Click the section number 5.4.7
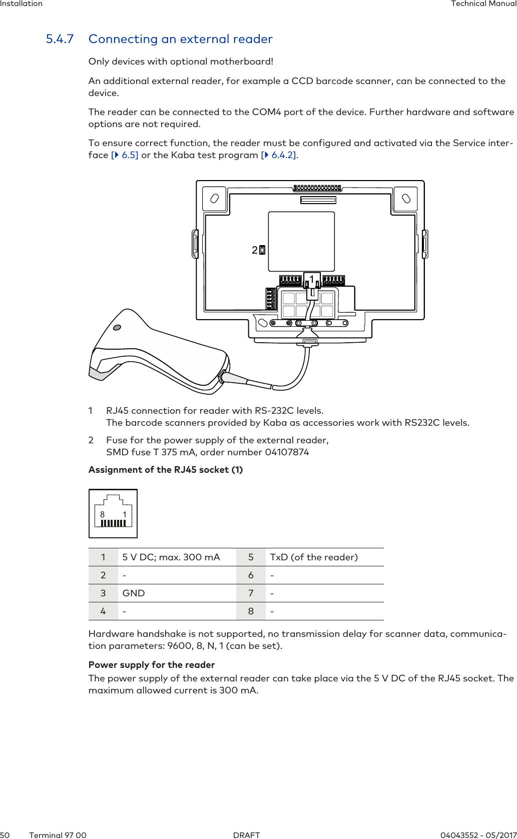pos(60,39)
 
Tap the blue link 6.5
pos(129,155)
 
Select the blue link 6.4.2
pos(283,155)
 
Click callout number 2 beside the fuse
pos(255,250)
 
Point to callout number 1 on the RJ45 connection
pos(312,279)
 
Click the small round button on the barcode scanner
pos(117,328)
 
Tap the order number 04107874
pos(287,452)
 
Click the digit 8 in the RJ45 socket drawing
pos(103,514)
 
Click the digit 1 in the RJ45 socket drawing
pos(125,514)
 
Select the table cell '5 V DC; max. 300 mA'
pos(171,557)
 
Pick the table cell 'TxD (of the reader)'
pos(314,557)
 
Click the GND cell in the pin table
pos(134,593)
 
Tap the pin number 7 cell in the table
pos(251,593)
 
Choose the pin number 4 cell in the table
pos(103,611)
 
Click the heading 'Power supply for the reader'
pos(152,665)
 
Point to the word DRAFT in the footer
pos(247,835)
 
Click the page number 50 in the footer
pos(5,835)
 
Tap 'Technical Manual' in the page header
pos(483,4)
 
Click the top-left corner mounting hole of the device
pos(214,199)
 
